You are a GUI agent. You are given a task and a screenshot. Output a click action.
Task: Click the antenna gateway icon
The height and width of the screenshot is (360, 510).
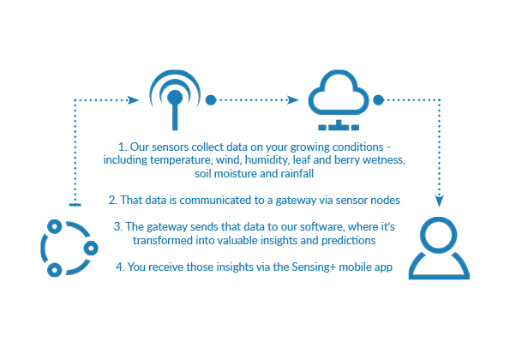pos(175,107)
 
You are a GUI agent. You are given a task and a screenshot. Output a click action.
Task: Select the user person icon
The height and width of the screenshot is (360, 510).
pos(439,261)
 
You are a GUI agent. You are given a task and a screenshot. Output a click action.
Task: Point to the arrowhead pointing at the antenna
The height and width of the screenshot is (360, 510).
pos(134,99)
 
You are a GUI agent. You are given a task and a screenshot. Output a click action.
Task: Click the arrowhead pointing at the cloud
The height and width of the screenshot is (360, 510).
pos(293,99)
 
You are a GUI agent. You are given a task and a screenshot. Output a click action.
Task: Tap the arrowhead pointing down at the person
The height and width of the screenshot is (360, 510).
pos(440,201)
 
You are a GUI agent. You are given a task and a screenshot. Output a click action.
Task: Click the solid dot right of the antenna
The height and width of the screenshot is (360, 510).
pos(211,99)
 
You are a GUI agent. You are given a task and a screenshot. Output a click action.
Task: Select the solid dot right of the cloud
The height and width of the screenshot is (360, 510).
pos(378,99)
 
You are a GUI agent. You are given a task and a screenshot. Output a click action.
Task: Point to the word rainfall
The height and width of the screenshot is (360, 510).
pos(297,174)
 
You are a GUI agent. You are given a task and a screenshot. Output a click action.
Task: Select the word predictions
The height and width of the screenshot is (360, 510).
pos(348,241)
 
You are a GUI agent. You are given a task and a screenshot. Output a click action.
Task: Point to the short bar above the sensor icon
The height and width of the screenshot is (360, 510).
pos(75,205)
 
